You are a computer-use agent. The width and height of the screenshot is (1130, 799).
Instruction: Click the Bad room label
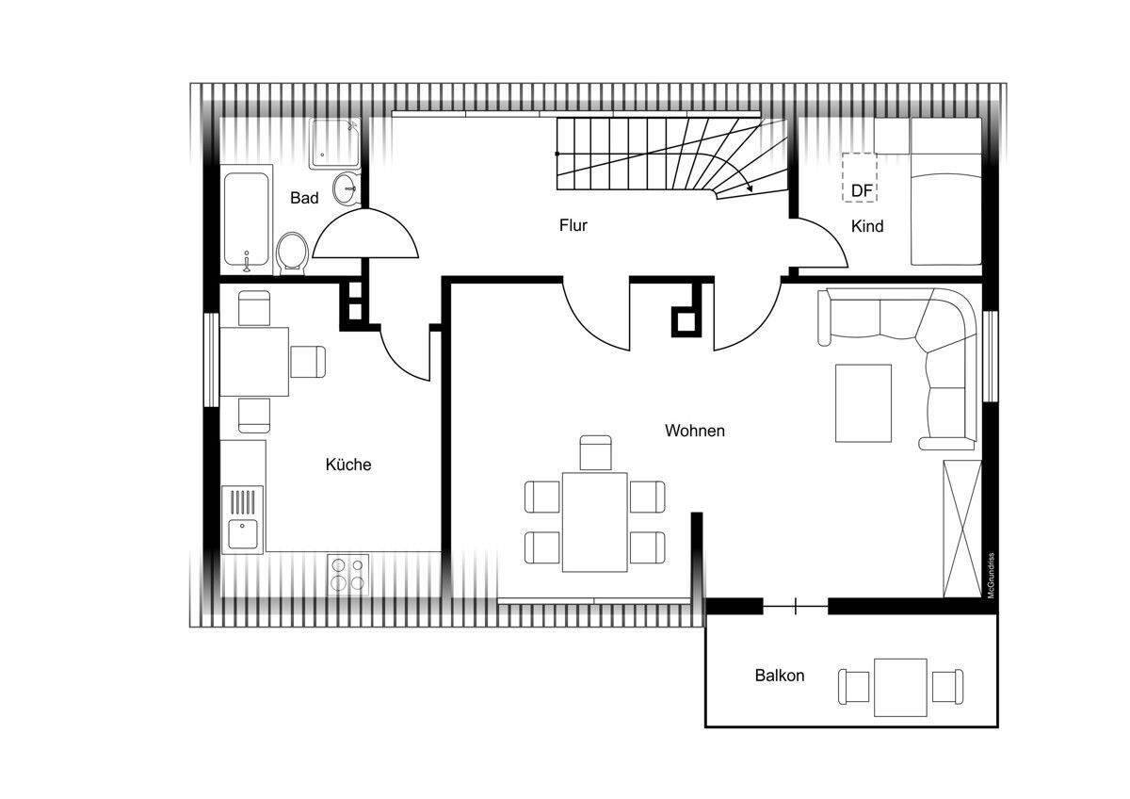304,198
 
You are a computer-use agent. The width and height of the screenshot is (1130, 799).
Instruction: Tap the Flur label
573,225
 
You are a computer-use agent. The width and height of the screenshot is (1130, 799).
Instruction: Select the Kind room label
867,226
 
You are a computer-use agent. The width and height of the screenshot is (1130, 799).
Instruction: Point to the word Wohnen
695,431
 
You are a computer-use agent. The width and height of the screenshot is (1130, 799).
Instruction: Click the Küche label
348,465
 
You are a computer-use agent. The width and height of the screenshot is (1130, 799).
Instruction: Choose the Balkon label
780,676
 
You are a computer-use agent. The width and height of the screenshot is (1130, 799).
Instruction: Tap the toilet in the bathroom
293,253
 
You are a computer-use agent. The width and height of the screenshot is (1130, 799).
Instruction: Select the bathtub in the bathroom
246,220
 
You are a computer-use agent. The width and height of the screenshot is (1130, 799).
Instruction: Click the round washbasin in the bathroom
347,188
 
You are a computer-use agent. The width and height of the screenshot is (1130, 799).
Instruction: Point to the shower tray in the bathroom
334,144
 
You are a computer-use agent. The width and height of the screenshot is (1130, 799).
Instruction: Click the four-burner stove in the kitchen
348,575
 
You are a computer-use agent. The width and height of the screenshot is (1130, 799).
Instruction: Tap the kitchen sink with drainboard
243,520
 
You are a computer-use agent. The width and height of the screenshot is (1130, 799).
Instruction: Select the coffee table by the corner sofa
864,403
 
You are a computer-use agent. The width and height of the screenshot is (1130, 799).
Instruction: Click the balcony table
900,687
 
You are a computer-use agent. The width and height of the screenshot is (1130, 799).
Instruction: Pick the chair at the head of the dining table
596,453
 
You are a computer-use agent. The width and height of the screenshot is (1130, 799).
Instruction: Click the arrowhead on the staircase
750,188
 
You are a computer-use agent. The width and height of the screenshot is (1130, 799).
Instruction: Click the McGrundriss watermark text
992,576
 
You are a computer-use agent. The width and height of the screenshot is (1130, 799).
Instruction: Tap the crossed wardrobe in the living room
962,529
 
